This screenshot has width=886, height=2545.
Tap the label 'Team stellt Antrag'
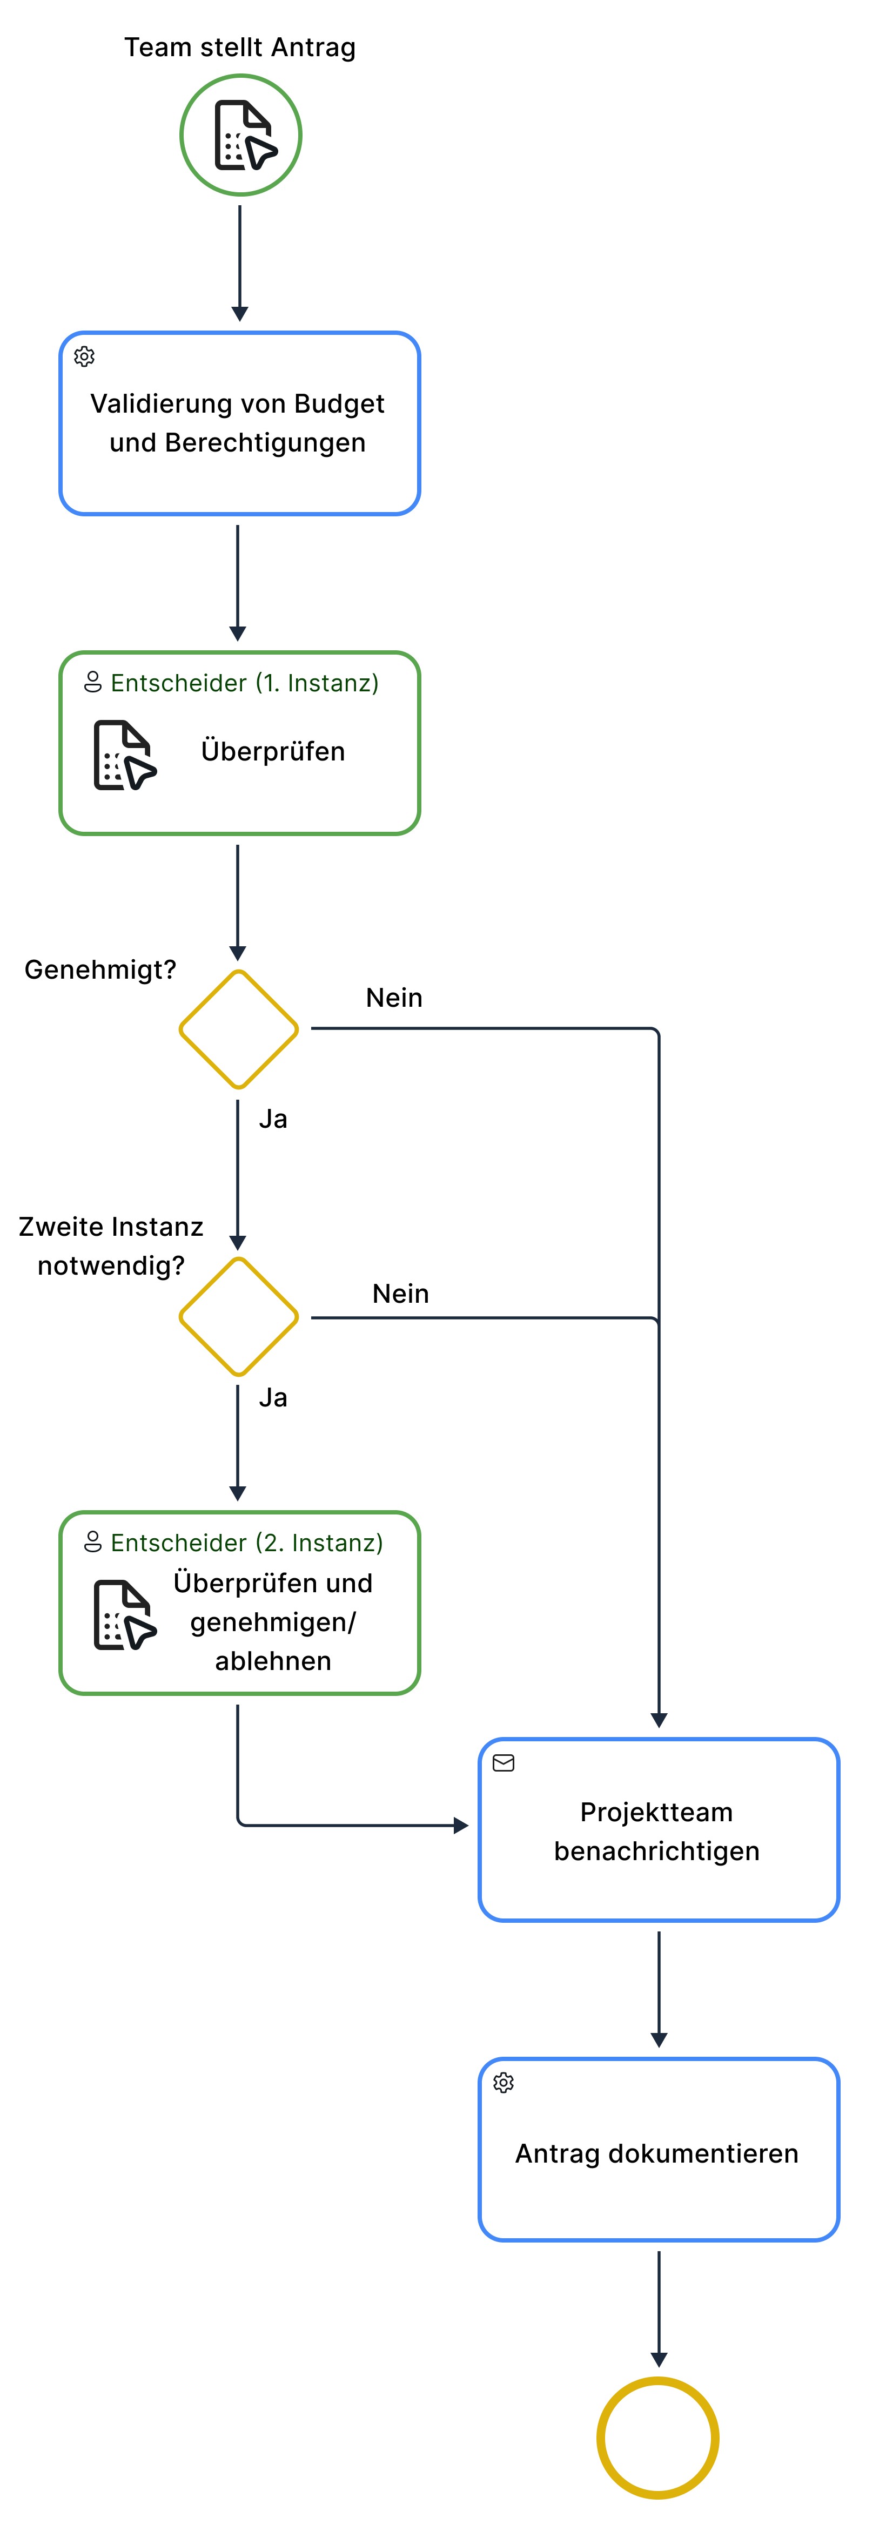[x=240, y=48]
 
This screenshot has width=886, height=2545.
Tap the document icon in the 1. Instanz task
[x=124, y=756]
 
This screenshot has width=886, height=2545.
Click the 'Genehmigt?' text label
[x=100, y=970]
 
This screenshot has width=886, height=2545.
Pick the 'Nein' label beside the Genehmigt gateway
[x=394, y=998]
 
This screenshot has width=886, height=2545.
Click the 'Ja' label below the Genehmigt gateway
[x=273, y=1119]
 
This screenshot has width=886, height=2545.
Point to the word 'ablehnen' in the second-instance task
[x=273, y=1661]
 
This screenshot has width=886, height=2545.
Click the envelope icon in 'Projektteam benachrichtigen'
[x=504, y=1763]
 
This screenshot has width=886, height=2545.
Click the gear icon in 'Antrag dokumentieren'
[x=504, y=2083]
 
